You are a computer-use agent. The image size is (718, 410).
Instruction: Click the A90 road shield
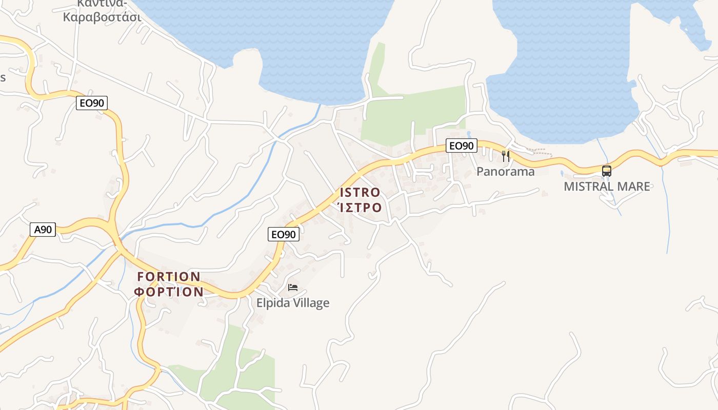[43, 230]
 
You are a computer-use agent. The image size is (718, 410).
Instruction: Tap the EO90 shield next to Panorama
[461, 146]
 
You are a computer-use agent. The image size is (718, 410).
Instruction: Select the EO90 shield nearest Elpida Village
[283, 234]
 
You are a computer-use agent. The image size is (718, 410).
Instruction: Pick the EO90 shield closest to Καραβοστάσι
[92, 103]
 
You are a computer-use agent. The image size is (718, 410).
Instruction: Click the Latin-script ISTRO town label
[360, 193]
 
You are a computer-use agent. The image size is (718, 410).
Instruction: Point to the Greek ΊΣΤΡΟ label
[360, 208]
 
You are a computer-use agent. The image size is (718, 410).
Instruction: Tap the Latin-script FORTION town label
[169, 277]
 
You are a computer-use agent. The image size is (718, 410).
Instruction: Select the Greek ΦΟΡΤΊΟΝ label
[169, 292]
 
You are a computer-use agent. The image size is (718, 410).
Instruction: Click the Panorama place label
[505, 172]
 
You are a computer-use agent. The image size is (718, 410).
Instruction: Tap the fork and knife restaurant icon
[506, 156]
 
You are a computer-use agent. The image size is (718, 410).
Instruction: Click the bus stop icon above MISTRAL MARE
[607, 171]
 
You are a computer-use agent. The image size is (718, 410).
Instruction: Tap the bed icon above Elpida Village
[293, 288]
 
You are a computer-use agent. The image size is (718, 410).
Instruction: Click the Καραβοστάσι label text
[102, 16]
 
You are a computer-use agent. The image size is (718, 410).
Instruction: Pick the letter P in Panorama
[480, 172]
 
